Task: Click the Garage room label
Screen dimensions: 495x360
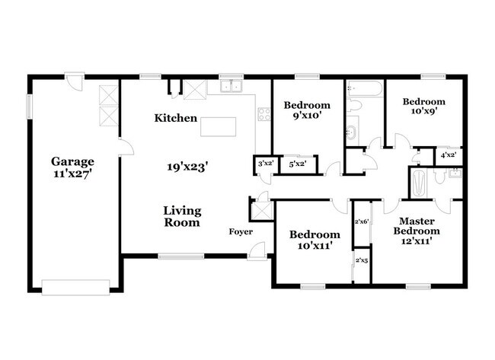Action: (x=72, y=161)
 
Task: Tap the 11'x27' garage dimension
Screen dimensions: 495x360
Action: (x=72, y=174)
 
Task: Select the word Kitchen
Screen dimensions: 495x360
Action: (x=175, y=118)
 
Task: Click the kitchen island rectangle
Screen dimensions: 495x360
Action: (x=218, y=127)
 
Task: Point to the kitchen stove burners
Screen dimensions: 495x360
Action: (x=264, y=114)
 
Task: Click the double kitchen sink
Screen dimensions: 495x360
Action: (x=232, y=86)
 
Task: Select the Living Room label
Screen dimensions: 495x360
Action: (x=182, y=216)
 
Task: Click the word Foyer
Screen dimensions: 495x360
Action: (x=241, y=232)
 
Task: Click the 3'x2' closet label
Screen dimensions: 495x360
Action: (x=266, y=164)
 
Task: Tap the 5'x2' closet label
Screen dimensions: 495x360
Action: (x=298, y=164)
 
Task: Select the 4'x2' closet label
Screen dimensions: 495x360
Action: (x=449, y=155)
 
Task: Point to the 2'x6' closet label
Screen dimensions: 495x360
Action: (x=362, y=221)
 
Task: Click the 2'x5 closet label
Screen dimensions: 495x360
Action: (x=362, y=260)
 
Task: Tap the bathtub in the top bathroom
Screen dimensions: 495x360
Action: (x=365, y=88)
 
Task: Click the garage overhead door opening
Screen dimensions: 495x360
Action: (x=75, y=288)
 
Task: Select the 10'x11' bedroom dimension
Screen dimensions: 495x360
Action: (x=315, y=245)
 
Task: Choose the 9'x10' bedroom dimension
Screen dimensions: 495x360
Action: (x=307, y=116)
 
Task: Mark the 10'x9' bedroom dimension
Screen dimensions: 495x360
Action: (x=424, y=111)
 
